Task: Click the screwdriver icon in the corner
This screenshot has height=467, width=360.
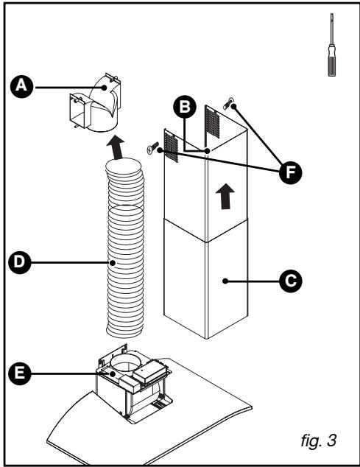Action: (x=332, y=46)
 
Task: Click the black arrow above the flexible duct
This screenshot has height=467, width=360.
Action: (x=115, y=148)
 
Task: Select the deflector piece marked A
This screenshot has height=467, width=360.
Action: (x=96, y=109)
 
